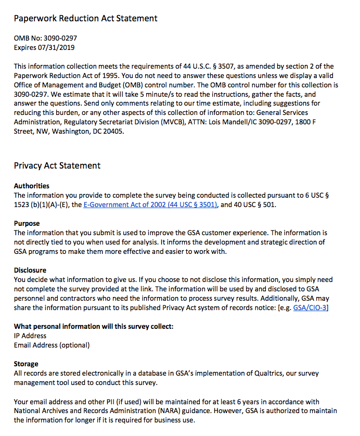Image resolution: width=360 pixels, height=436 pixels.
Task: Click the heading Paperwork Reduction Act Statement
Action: click(x=85, y=19)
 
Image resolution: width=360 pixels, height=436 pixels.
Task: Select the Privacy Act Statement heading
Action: click(x=57, y=166)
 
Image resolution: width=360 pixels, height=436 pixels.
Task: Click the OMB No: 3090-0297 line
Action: click(x=46, y=38)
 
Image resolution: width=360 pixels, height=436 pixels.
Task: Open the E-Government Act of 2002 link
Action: click(x=150, y=205)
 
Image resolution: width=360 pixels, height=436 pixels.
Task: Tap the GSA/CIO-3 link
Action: click(x=311, y=308)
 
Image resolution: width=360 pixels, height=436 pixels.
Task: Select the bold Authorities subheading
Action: click(x=32, y=186)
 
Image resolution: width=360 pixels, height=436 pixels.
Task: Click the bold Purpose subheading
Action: click(x=27, y=224)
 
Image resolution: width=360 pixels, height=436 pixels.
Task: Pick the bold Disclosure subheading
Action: click(x=30, y=271)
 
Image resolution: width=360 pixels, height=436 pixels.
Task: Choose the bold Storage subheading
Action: click(x=26, y=364)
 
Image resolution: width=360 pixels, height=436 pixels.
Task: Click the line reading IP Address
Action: click(x=30, y=336)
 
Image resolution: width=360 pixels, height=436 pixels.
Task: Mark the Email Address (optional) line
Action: click(x=52, y=345)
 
